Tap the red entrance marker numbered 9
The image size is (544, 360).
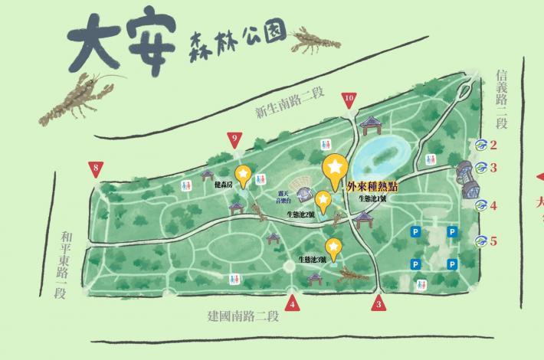[x=235, y=139]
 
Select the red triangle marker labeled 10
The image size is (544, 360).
[x=349, y=99]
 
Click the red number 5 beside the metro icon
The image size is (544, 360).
[x=494, y=241]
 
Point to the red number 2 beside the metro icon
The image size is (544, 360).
[x=494, y=145]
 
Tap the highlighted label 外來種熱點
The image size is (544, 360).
[x=372, y=186]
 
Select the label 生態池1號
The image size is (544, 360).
[x=375, y=198]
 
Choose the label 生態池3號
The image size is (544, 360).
[x=313, y=260]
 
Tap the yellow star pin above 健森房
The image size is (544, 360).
[x=243, y=175]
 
